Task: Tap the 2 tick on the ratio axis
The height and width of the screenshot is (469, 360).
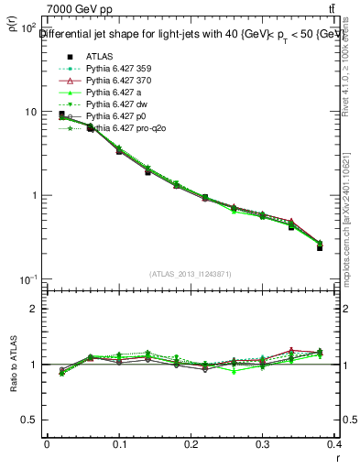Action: coord(34,309)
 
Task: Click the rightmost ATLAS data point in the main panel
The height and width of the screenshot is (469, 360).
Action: coord(320,247)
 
